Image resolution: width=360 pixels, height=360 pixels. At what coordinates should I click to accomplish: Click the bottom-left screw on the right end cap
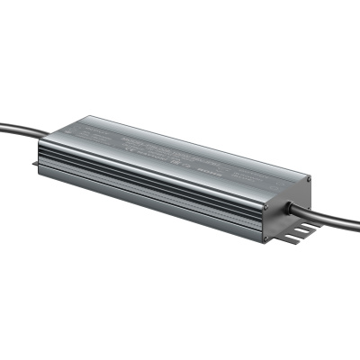tap(267, 236)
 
